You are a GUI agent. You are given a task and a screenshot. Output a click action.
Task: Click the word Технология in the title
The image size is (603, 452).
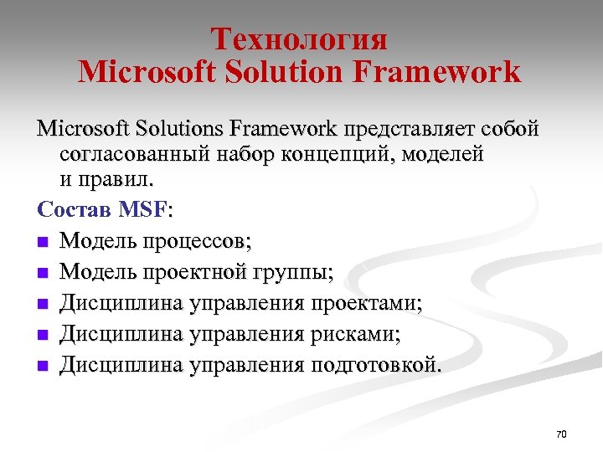coord(299,39)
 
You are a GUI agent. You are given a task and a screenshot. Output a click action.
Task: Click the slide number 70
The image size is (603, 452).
coord(561,434)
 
